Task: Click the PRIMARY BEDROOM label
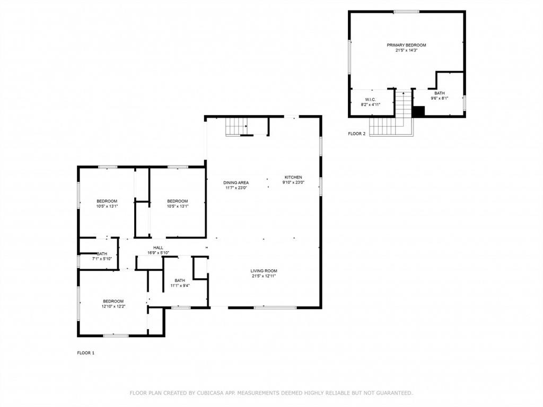point(406,45)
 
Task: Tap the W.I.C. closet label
point(371,100)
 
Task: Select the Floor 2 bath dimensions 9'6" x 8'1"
point(439,98)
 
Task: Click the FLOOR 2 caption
point(357,134)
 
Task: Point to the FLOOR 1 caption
point(86,352)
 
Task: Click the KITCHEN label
point(293,177)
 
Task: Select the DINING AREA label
point(236,182)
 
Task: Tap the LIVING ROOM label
point(264,271)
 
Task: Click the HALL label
point(159,247)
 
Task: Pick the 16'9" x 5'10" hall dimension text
point(159,253)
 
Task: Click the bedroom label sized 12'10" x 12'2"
point(113,301)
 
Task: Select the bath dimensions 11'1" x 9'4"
point(180,286)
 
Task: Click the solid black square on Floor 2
point(419,111)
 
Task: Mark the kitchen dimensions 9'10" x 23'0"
point(293,182)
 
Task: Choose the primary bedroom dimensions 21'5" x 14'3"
point(406,50)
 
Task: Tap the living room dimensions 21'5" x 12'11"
point(264,276)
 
